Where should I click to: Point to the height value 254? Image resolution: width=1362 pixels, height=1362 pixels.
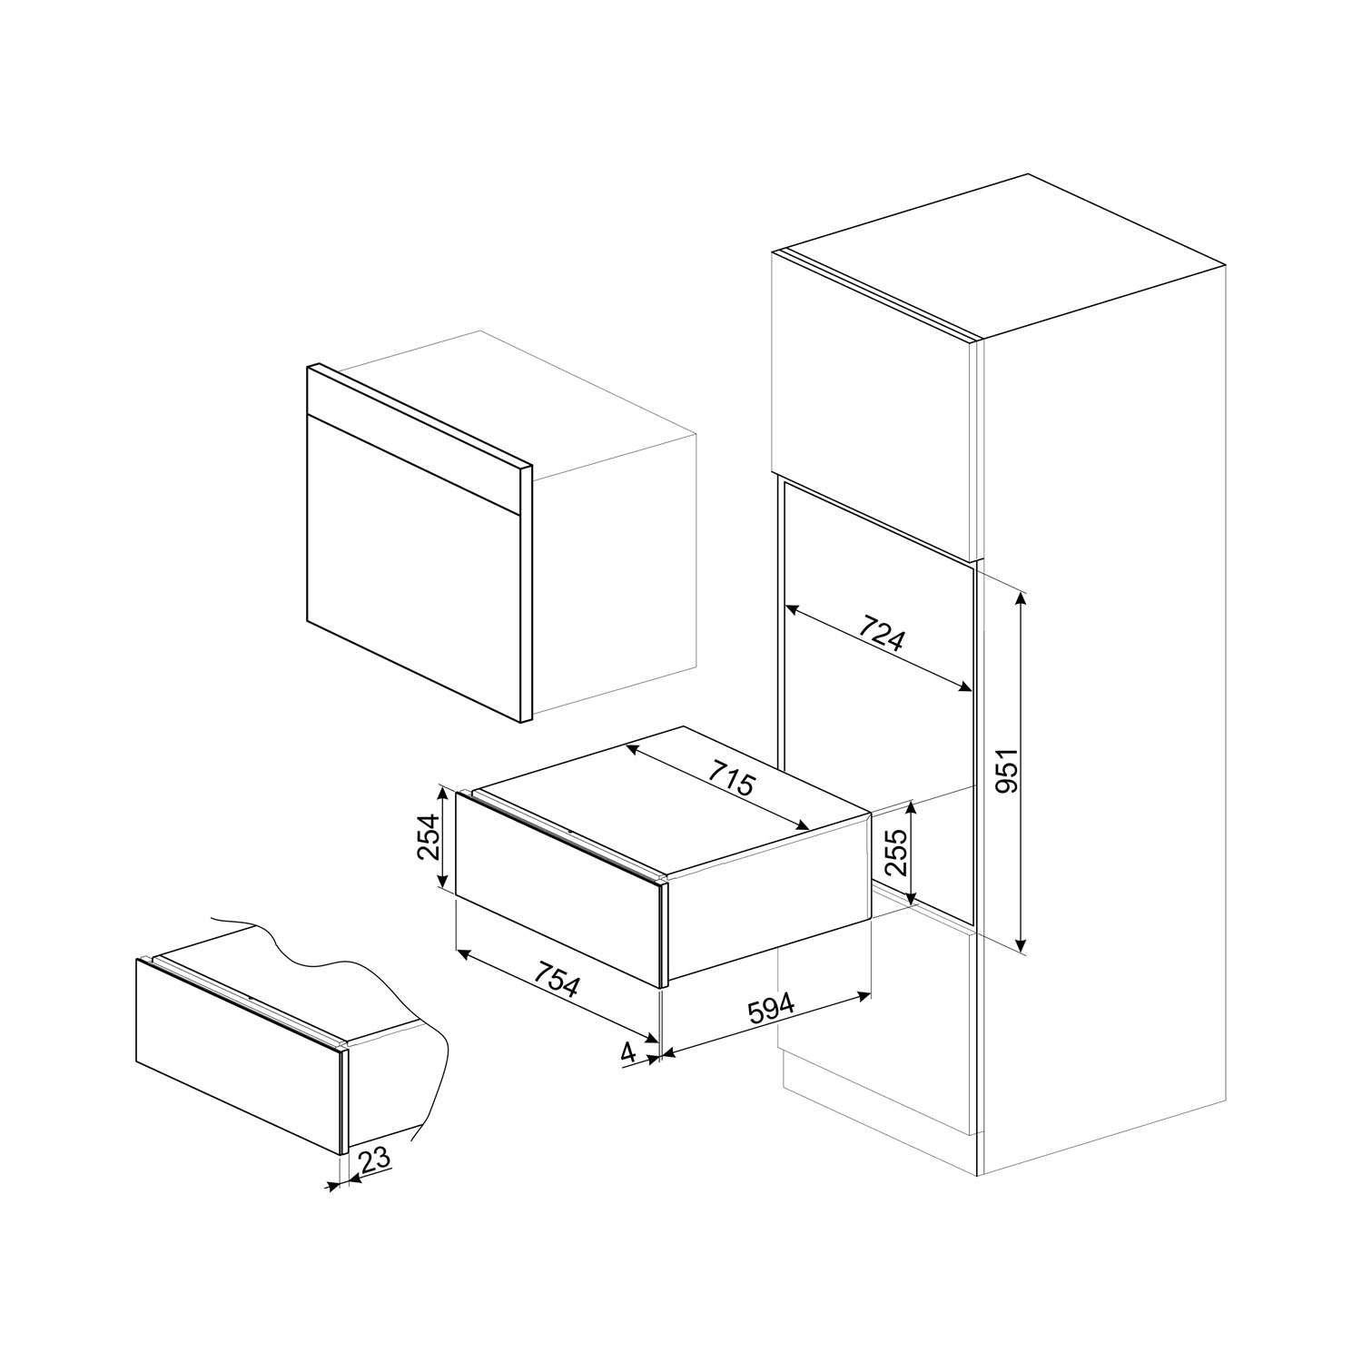pyautogui.click(x=428, y=837)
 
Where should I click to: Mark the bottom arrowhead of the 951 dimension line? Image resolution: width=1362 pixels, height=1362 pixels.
pyautogui.click(x=1022, y=949)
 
